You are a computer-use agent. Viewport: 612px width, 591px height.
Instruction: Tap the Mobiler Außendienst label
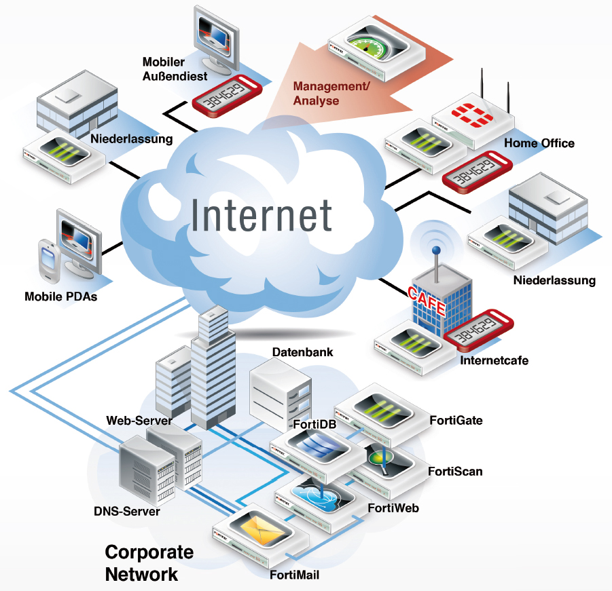pyautogui.click(x=174, y=69)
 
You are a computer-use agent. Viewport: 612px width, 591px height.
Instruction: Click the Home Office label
pyautogui.click(x=539, y=143)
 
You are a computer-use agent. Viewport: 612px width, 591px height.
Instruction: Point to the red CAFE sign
pyautogui.click(x=427, y=299)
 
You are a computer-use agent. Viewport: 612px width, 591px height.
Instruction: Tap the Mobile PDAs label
pyautogui.click(x=60, y=297)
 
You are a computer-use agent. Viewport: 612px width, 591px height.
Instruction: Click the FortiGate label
pyautogui.click(x=456, y=420)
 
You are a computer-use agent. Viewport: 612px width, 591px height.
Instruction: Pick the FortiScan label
pyautogui.click(x=455, y=471)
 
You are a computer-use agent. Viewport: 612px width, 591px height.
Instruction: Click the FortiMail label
pyautogui.click(x=294, y=575)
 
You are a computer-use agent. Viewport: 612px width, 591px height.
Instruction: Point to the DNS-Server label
pyautogui.click(x=126, y=511)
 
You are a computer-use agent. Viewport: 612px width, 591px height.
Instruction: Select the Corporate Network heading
pyautogui.click(x=149, y=563)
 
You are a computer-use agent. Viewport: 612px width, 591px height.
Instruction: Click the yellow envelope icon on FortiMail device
pyautogui.click(x=256, y=529)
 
